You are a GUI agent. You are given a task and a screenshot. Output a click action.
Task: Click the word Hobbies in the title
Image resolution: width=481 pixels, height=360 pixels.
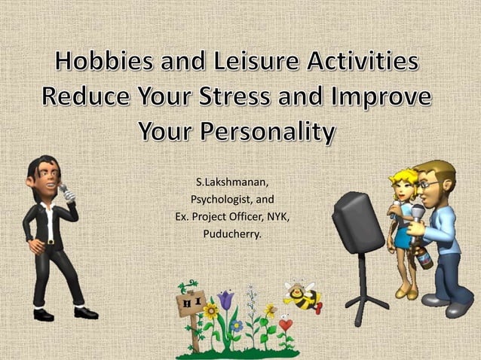(x=103, y=64)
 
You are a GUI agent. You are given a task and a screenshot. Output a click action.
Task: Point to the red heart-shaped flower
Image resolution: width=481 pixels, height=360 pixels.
(x=285, y=325)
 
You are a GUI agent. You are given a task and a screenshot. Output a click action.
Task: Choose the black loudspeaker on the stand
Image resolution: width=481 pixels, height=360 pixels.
(x=357, y=221)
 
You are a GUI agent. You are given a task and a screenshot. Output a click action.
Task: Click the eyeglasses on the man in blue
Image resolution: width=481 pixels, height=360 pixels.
(x=427, y=183)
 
